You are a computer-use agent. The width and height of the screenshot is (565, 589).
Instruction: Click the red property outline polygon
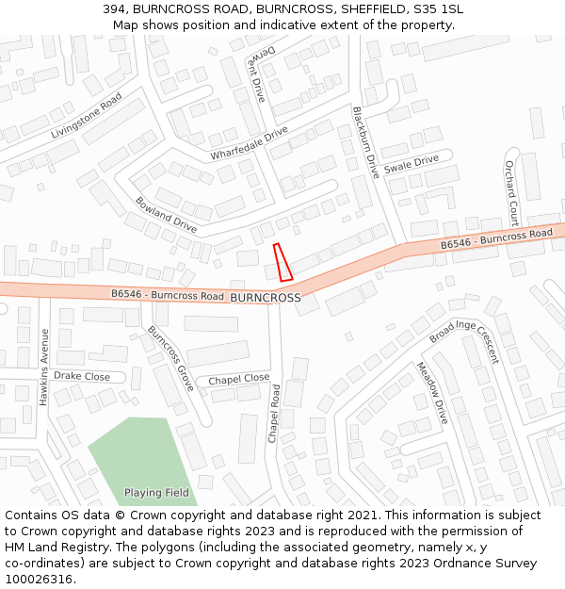pyautogui.click(x=282, y=262)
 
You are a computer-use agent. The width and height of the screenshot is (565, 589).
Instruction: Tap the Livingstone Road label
pyautogui.click(x=87, y=118)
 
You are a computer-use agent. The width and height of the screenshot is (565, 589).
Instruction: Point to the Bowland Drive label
pyautogui.click(x=166, y=215)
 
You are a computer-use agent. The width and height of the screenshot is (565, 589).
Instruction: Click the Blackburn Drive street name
pyautogui.click(x=365, y=142)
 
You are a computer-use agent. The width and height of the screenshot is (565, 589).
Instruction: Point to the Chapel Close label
pyautogui.click(x=239, y=379)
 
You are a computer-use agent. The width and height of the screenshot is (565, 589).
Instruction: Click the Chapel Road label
pyautogui.click(x=274, y=414)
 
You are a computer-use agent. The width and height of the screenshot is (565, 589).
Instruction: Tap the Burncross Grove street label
pyautogui.click(x=170, y=359)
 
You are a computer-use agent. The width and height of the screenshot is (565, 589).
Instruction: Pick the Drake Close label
pyautogui.click(x=82, y=376)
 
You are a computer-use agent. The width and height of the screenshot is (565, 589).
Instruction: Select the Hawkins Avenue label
pyautogui.click(x=43, y=367)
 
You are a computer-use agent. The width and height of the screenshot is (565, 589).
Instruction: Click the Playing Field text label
pyautogui.click(x=156, y=493)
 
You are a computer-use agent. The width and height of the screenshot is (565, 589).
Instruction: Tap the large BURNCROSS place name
pyautogui.click(x=265, y=298)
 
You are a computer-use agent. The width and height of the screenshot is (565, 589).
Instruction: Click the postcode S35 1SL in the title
pyautogui.click(x=436, y=9)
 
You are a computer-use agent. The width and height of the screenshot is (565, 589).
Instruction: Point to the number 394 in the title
pyautogui.click(x=116, y=9)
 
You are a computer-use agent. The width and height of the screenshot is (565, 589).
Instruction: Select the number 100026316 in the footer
pyautogui.click(x=39, y=579)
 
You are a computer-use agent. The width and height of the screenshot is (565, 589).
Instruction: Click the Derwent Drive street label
pyautogui.click(x=261, y=74)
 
